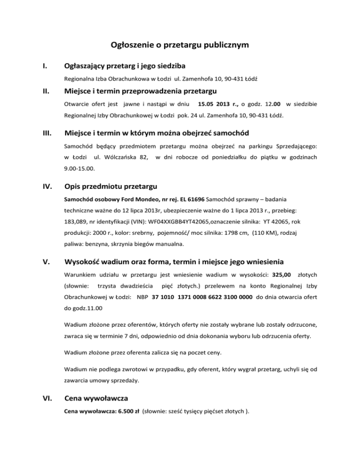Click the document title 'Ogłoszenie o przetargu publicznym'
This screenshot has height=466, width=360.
pyautogui.click(x=180, y=45)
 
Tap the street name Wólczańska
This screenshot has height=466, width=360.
pyautogui.click(x=119, y=155)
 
